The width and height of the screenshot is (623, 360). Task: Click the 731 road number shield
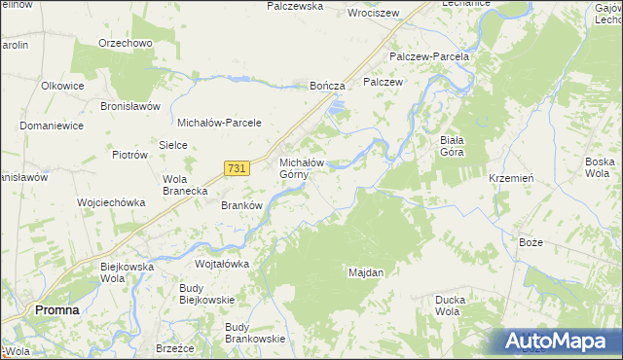235,168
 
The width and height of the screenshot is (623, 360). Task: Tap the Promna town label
57,309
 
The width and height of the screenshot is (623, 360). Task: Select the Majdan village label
366,273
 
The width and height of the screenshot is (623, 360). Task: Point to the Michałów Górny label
302,168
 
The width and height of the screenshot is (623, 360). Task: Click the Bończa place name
327,87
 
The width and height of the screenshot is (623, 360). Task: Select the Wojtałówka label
223,264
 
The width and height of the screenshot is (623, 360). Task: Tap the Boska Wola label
598,167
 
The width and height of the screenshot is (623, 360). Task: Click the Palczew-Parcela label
429,56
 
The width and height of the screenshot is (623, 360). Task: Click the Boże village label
531,240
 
